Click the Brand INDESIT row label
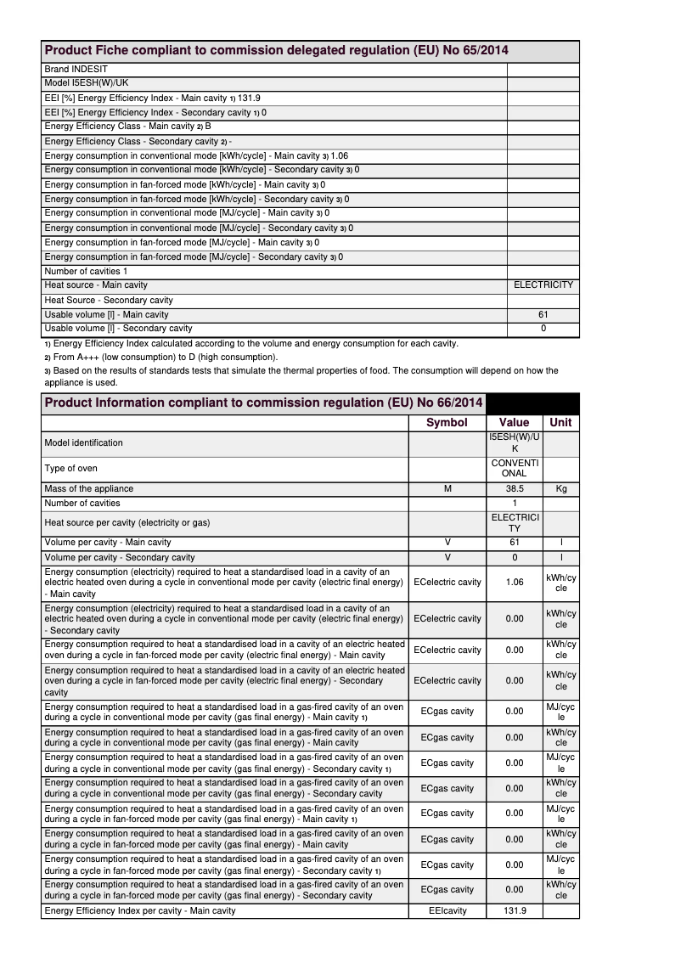pyautogui.click(x=76, y=69)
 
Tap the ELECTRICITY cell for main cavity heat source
pyautogui.click(x=543, y=285)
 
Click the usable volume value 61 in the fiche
pyautogui.click(x=543, y=315)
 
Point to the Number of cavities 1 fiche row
pyautogui.click(x=98, y=271)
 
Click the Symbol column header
pyautogui.click(x=447, y=422)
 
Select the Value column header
pyautogui.click(x=514, y=422)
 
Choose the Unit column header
pyautogui.click(x=560, y=422)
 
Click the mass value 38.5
pyautogui.click(x=514, y=489)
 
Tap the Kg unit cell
pyautogui.click(x=560, y=489)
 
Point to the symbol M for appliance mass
pyautogui.click(x=447, y=489)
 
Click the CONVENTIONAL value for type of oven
pyautogui.click(x=515, y=468)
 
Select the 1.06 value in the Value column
pyautogui.click(x=515, y=583)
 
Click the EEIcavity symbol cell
pyautogui.click(x=447, y=911)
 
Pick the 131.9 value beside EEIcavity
pyautogui.click(x=515, y=911)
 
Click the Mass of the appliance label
pyautogui.click(x=89, y=489)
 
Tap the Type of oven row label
pyautogui.click(x=70, y=468)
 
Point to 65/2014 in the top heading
pyautogui.click(x=481, y=51)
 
